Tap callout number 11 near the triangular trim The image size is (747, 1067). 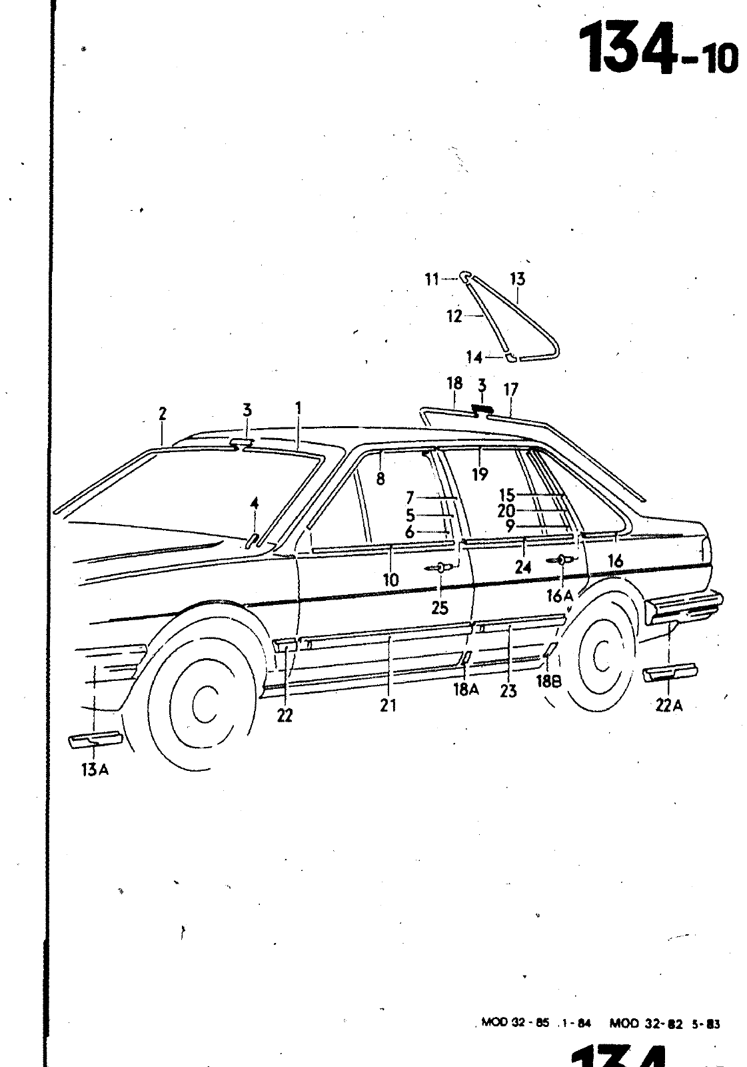tap(432, 279)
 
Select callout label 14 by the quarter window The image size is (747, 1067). tap(474, 358)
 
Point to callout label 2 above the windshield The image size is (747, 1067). tap(163, 413)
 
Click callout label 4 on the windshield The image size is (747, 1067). tap(254, 503)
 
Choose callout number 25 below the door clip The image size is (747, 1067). tap(440, 608)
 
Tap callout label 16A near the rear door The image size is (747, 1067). tap(560, 596)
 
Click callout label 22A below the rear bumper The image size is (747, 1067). tap(668, 704)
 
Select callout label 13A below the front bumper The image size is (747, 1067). tap(95, 770)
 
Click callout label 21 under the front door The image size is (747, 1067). tap(388, 705)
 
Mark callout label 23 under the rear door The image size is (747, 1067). tap(508, 691)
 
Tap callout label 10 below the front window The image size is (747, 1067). tap(390, 580)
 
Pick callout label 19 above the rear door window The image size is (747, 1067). tap(480, 474)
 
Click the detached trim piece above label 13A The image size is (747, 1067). tap(95, 738)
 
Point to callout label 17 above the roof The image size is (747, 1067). tap(511, 389)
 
